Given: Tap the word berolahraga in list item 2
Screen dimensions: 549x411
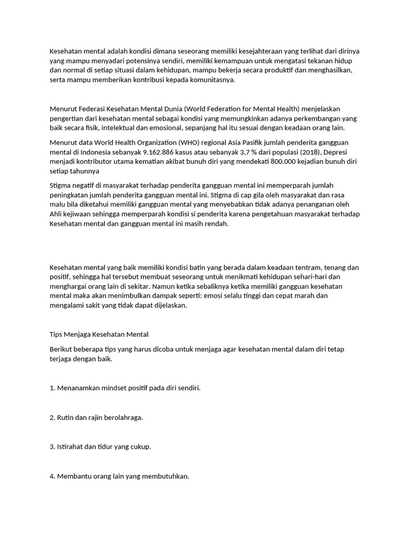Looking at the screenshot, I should (x=123, y=417).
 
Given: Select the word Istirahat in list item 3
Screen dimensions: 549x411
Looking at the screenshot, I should (x=72, y=447).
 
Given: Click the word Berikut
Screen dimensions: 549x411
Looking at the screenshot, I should (x=62, y=349).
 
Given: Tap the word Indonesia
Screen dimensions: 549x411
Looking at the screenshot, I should (x=92, y=152).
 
